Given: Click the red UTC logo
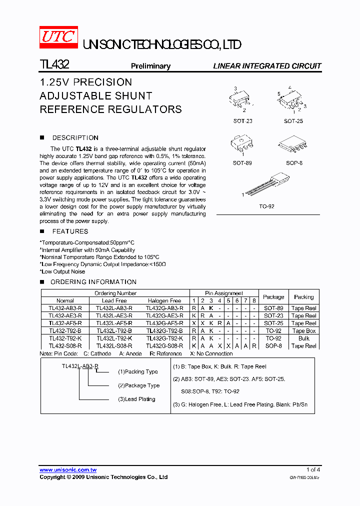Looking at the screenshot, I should click(x=58, y=38).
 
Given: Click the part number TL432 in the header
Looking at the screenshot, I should click(x=54, y=64).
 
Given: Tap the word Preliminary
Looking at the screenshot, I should click(x=150, y=66).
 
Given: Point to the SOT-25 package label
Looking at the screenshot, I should click(x=293, y=121).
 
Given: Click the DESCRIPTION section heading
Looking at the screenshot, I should click(x=75, y=137).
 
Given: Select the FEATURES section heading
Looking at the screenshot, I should click(x=70, y=231).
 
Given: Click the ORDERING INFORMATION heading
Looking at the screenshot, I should click(x=93, y=282).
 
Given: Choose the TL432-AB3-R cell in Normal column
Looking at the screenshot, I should click(x=65, y=308).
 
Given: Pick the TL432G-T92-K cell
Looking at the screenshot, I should click(x=164, y=338).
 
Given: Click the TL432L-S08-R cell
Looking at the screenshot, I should click(x=114, y=346).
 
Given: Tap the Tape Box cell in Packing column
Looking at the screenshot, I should click(x=304, y=331).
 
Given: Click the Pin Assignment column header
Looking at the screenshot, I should click(x=224, y=293).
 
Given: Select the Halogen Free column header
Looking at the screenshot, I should click(x=164, y=301).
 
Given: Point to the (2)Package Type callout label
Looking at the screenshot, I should click(x=139, y=385).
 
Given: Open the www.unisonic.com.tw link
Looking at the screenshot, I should click(x=68, y=469).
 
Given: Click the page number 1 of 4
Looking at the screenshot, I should click(x=313, y=469).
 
